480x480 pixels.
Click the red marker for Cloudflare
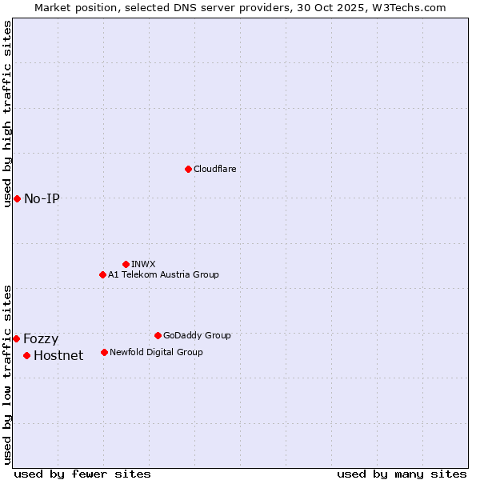pyautogui.click(x=188, y=169)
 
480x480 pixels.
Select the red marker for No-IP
pyautogui.click(x=17, y=198)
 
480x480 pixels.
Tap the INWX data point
pyautogui.click(x=126, y=264)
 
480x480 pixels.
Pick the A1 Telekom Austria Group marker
pyautogui.click(x=102, y=274)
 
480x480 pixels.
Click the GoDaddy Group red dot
pyautogui.click(x=158, y=335)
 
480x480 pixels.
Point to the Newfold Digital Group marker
pyautogui.click(x=104, y=352)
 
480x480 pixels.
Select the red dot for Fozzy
pyautogui.click(x=16, y=338)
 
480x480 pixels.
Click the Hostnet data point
pyautogui.click(x=26, y=355)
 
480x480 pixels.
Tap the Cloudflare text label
pyautogui.click(x=214, y=169)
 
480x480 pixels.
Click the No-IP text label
pyautogui.click(x=42, y=198)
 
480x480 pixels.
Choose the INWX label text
pyautogui.click(x=143, y=264)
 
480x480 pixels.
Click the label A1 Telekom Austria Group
pyautogui.click(x=163, y=274)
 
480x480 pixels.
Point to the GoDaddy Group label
pyautogui.click(x=197, y=335)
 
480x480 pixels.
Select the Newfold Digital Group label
pyautogui.click(x=156, y=352)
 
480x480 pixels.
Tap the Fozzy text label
pyautogui.click(x=41, y=338)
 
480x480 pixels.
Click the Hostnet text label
pyautogui.click(x=58, y=355)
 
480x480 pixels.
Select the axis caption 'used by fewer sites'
pyautogui.click(x=82, y=474)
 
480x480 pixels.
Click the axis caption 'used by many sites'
pyautogui.click(x=402, y=474)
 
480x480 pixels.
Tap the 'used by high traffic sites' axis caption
pyautogui.click(x=7, y=114)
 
